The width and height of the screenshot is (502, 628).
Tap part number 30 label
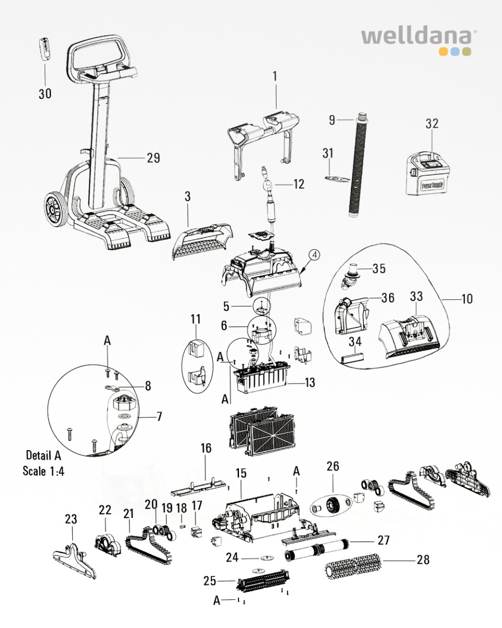[x=45, y=94]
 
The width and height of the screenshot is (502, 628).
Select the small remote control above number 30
[x=46, y=50]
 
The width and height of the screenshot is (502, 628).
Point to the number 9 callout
[x=332, y=120]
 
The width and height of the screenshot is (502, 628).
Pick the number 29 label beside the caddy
[x=153, y=158]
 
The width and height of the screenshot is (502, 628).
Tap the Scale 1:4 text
[x=43, y=470]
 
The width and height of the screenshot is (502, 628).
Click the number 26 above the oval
[x=333, y=466]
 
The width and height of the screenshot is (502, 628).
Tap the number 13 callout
[x=310, y=383]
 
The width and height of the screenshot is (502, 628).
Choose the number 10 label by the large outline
[x=466, y=299]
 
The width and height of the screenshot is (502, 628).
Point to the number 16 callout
[x=206, y=448]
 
